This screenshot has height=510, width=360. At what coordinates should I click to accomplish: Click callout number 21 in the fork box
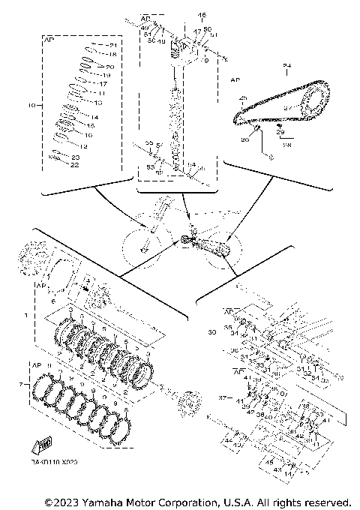(x=113, y=46)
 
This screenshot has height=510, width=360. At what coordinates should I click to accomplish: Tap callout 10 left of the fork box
(x=31, y=106)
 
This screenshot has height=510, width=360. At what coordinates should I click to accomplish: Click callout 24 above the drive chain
(x=286, y=67)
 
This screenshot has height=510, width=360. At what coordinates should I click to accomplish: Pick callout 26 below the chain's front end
(x=244, y=139)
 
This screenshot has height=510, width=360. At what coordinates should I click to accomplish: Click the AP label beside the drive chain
(x=235, y=79)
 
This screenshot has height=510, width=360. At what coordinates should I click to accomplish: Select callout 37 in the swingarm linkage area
(x=221, y=397)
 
